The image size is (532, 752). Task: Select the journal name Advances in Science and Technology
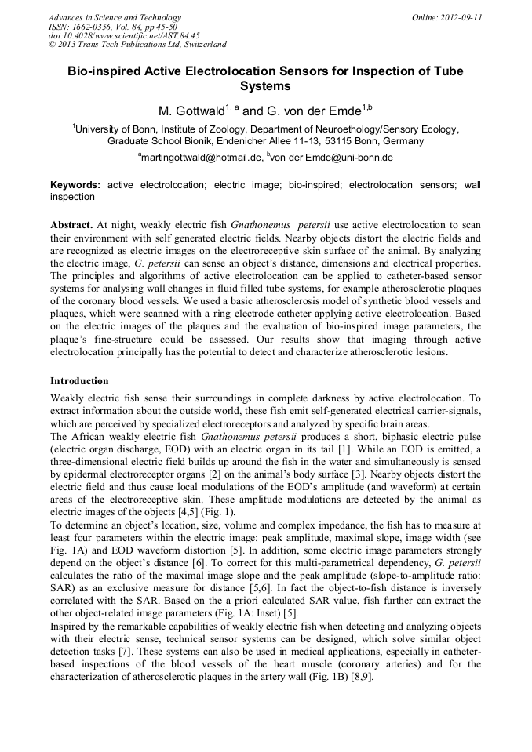(115, 17)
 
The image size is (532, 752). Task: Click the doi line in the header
(124, 36)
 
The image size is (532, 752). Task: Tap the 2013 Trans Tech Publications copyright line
(137, 45)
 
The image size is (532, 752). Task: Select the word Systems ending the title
(265, 86)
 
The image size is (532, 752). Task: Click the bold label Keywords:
(75, 185)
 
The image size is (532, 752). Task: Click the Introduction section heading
(79, 381)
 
